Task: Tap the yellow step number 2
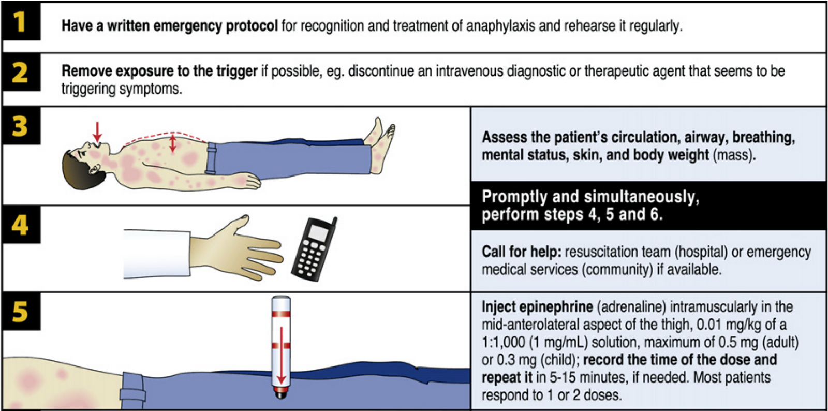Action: pos(20,72)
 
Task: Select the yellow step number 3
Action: pos(20,126)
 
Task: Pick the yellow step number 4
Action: pos(20,224)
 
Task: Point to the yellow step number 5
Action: pos(20,312)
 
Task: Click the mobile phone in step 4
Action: pos(314,249)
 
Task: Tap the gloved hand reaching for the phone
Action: pos(236,247)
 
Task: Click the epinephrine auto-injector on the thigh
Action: pos(281,347)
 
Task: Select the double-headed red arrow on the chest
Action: pos(173,143)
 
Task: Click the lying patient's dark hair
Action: pos(80,170)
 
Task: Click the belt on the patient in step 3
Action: pos(211,158)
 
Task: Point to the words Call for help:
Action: pos(522,252)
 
